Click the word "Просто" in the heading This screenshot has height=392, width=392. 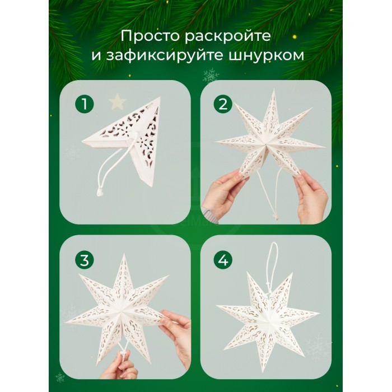tap(150, 36)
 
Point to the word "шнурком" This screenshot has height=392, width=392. tap(266, 56)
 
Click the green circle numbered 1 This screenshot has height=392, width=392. tap(85, 104)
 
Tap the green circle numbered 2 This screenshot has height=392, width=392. tap(223, 104)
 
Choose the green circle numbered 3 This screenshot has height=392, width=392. tap(85, 260)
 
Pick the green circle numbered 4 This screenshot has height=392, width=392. tap(223, 260)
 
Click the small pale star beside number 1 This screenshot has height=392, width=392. tap(117, 101)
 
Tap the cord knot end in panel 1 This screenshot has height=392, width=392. tap(100, 193)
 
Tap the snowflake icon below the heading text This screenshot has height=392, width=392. tap(211, 76)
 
